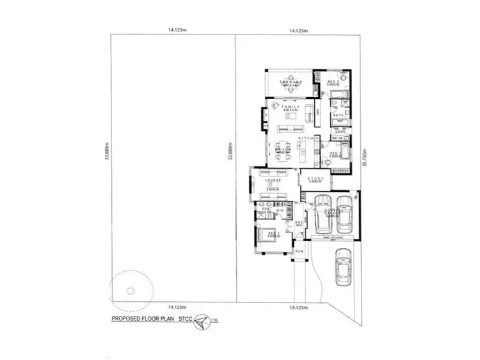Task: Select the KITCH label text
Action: pos(305,138)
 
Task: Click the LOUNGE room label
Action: pos(274,180)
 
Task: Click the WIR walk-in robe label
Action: pos(280,210)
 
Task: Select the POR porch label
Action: pos(298,251)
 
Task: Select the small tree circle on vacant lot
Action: pos(130,290)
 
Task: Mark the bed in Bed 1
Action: pos(267,235)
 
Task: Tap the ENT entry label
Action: pos(298,223)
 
